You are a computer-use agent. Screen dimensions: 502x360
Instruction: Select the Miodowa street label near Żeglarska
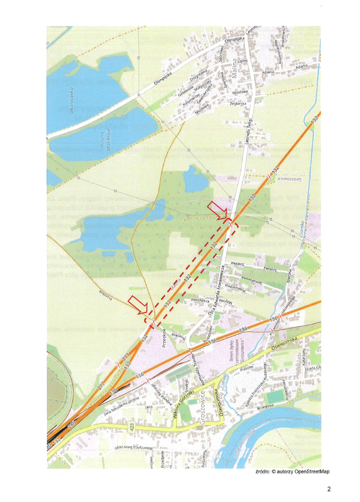click(x=240, y=91)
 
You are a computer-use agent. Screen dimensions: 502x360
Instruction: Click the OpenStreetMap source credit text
click(x=292, y=472)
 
